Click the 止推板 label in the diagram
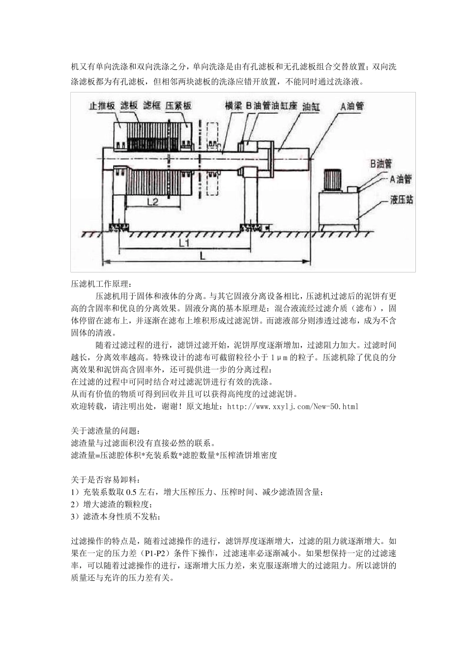point(102,106)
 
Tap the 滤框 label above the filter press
point(152,106)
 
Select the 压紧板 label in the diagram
point(178,106)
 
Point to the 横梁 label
point(233,106)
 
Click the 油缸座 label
point(285,106)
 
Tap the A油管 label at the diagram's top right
point(352,106)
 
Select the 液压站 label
point(401,200)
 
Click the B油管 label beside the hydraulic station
point(381,163)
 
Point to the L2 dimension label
point(153,201)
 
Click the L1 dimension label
point(185,243)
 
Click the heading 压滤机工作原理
point(101,284)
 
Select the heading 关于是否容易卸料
point(105,480)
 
